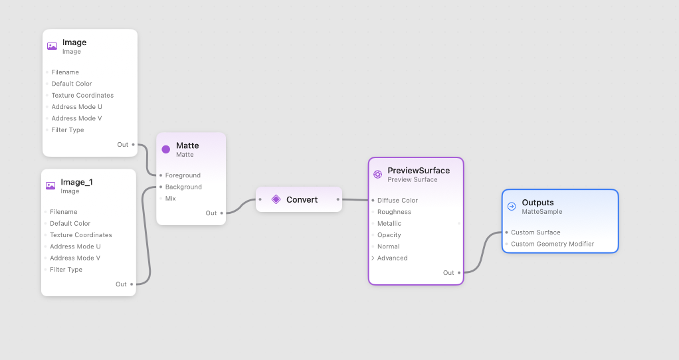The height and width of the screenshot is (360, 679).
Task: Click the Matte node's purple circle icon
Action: pos(166,149)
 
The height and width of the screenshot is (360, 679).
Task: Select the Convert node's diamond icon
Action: pos(276,199)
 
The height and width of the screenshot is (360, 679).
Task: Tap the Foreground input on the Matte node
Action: pos(183,175)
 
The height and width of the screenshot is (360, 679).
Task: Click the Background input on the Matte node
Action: pos(183,187)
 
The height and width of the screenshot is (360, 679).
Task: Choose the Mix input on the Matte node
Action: pos(171,198)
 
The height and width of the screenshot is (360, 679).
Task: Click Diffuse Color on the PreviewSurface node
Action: pos(397,200)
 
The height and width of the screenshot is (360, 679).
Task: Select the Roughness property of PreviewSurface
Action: pos(394,212)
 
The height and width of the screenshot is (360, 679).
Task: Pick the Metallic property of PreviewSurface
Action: pos(389,223)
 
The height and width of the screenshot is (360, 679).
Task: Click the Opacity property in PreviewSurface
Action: pos(389,234)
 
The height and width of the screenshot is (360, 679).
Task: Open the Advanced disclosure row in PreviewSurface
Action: pos(392,258)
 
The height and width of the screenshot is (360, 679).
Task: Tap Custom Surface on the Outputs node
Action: pos(535,232)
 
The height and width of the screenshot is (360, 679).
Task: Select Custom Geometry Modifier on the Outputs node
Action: pos(552,244)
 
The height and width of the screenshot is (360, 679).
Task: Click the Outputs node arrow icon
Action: pos(512,207)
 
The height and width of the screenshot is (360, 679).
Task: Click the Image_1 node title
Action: pos(76,182)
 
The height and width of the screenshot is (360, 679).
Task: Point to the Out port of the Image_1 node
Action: pos(132,284)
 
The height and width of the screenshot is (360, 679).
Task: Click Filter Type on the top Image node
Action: pos(68,130)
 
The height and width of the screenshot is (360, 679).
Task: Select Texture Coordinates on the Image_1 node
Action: pos(81,234)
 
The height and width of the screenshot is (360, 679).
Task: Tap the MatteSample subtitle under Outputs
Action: pos(542,212)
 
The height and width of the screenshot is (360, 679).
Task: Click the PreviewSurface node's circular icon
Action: pos(377,174)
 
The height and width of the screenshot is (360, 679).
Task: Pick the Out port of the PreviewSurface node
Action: pos(459,272)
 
